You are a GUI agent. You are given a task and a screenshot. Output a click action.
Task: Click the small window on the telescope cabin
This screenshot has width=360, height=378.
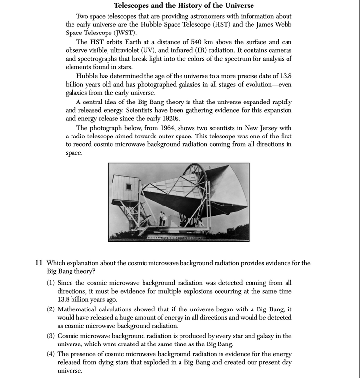tap(128, 187)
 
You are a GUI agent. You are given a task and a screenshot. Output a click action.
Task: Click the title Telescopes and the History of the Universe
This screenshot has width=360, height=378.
tap(184, 6)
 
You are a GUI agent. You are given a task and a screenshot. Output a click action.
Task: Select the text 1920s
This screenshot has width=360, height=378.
tap(171, 118)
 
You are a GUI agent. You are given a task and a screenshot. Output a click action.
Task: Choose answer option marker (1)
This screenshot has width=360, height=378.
tap(51, 283)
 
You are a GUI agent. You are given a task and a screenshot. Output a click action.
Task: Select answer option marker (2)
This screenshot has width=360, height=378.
tap(51, 309)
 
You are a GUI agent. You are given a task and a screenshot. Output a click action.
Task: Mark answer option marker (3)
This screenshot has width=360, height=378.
tap(51, 336)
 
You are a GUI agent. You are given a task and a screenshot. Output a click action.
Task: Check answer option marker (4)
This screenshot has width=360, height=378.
tap(51, 354)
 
